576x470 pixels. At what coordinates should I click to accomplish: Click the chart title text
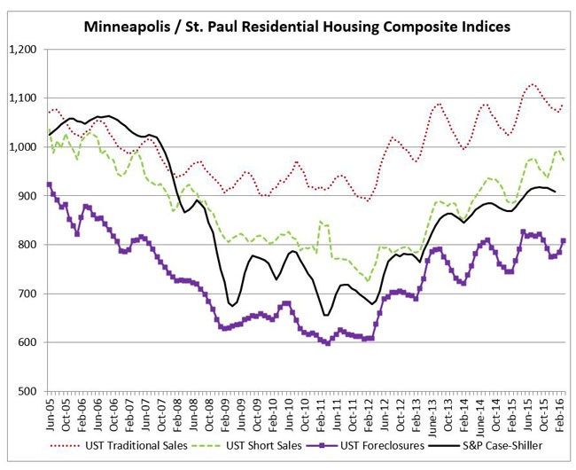297,27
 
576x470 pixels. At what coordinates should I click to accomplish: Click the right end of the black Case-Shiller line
556,192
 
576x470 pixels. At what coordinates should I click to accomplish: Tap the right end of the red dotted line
564,105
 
